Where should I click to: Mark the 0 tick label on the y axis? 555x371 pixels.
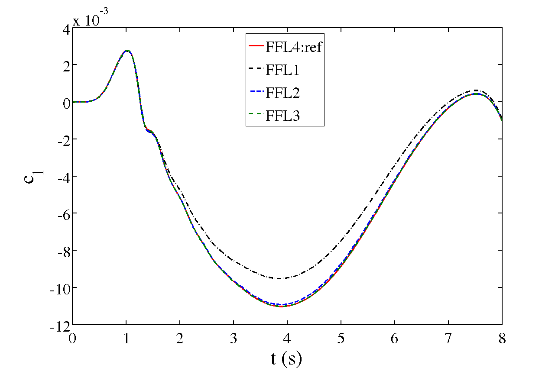pos(65,102)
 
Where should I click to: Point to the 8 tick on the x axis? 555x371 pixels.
pos(502,338)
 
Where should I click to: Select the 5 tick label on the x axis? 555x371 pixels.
pos(341,338)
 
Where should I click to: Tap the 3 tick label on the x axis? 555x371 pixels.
pos(234,338)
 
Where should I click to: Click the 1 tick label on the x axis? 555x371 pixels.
pos(126,338)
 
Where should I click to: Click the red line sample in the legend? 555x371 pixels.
pos(255,47)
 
